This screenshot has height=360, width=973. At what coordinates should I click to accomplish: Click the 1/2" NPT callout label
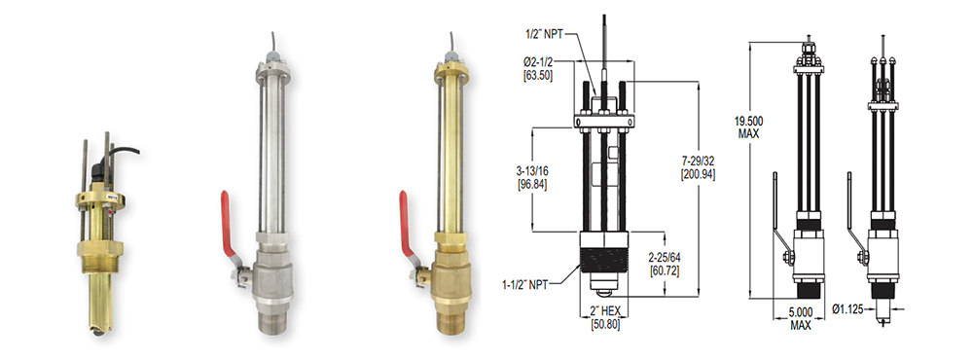coord(543,35)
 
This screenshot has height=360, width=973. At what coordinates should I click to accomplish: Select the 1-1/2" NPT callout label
coord(524,285)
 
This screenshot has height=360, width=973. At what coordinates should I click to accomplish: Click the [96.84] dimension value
coord(533,185)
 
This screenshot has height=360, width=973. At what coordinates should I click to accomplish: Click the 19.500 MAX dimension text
coord(749,126)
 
